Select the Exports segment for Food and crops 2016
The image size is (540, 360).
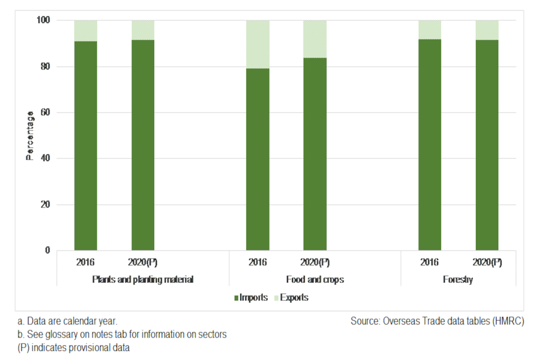click(x=258, y=44)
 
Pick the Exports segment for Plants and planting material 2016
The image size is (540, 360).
click(x=85, y=30)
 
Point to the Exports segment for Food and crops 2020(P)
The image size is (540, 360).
click(x=314, y=39)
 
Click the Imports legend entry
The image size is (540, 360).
click(x=251, y=298)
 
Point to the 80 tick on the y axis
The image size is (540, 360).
click(x=45, y=66)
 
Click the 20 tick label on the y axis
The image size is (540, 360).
click(x=45, y=205)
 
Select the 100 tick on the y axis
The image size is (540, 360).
click(x=43, y=20)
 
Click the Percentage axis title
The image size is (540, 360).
click(x=30, y=135)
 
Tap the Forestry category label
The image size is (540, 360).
click(x=458, y=280)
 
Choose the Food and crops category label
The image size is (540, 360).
click(x=315, y=280)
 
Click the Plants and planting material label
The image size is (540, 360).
click(x=143, y=280)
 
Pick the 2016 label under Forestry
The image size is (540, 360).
click(x=430, y=263)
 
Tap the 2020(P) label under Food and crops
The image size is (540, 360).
click(x=315, y=263)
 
